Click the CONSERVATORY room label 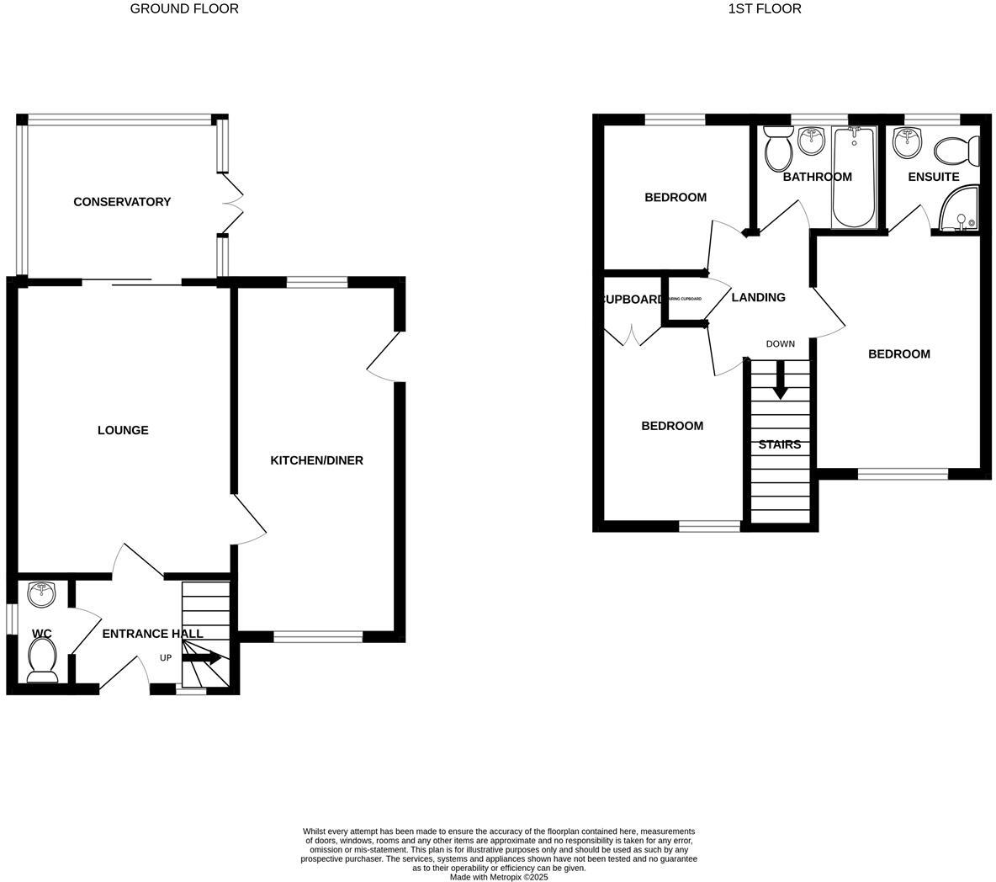coord(122,202)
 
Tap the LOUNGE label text coord(123,430)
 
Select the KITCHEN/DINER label coord(316,460)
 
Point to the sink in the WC coord(41,595)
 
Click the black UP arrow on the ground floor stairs coord(204,658)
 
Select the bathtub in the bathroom coord(853,177)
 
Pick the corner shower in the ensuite coord(959,210)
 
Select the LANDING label coord(758,297)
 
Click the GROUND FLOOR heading coord(184,8)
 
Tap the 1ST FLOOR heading coord(764,8)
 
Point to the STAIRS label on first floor coord(780,444)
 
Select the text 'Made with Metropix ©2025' coord(499,876)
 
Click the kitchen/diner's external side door coord(383,357)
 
